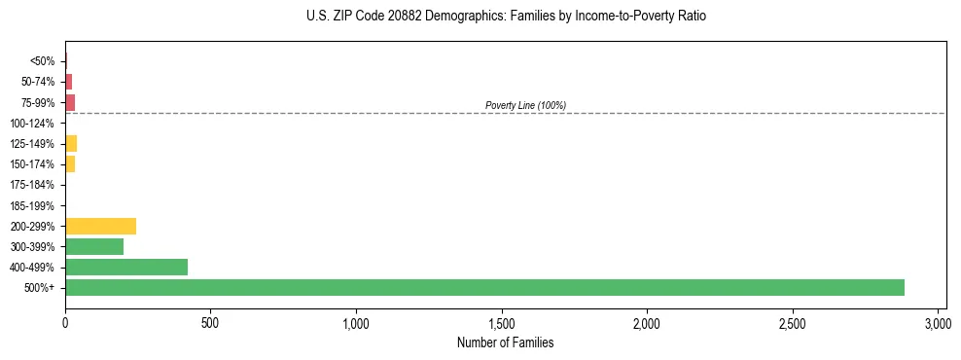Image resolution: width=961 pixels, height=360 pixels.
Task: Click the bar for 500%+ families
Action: click(x=484, y=288)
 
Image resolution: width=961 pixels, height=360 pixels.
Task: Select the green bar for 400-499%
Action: click(x=126, y=268)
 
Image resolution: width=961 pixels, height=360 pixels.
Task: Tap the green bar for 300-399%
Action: click(x=94, y=247)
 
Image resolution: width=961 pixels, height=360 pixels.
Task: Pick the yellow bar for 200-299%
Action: click(x=100, y=227)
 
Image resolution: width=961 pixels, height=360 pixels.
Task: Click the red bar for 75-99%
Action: click(x=70, y=102)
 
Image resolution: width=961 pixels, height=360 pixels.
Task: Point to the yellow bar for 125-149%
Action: click(x=71, y=144)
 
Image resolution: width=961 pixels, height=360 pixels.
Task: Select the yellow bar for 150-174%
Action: click(x=70, y=164)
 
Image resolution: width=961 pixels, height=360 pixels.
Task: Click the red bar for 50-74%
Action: click(x=69, y=82)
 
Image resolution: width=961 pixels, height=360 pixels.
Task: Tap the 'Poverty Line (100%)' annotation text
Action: click(x=525, y=105)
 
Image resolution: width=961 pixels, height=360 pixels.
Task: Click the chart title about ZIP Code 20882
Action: click(x=505, y=17)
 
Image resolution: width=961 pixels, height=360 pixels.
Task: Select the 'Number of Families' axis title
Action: click(x=505, y=342)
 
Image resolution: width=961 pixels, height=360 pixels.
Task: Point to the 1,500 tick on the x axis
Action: click(x=502, y=323)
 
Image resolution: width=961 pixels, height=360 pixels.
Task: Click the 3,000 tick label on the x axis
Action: click(x=938, y=323)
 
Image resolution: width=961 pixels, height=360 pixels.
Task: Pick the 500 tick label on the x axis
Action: click(x=211, y=323)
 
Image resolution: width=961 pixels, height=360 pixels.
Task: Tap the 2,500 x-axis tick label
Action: click(x=793, y=323)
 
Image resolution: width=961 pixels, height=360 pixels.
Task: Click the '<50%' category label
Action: click(x=43, y=61)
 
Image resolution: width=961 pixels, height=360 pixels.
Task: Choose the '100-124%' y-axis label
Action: click(x=32, y=124)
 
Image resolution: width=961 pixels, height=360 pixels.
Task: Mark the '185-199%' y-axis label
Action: click(x=32, y=206)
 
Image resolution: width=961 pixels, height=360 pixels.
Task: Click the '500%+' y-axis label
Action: click(x=39, y=289)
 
